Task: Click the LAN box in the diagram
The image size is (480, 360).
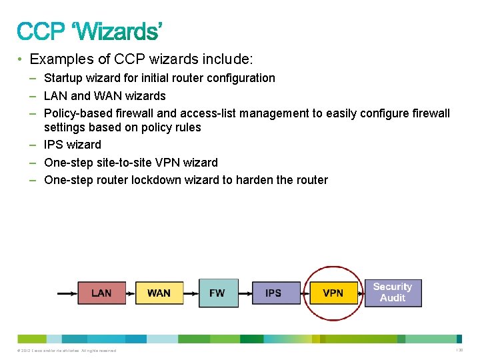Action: (x=101, y=293)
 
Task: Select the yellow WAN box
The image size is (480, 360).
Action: (x=159, y=293)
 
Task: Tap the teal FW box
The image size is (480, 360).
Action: (x=218, y=293)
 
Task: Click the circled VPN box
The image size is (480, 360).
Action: (x=333, y=293)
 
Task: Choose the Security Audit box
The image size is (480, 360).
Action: (x=393, y=293)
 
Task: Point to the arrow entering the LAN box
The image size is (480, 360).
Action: (x=67, y=293)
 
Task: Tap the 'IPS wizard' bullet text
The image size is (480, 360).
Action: (x=72, y=145)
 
